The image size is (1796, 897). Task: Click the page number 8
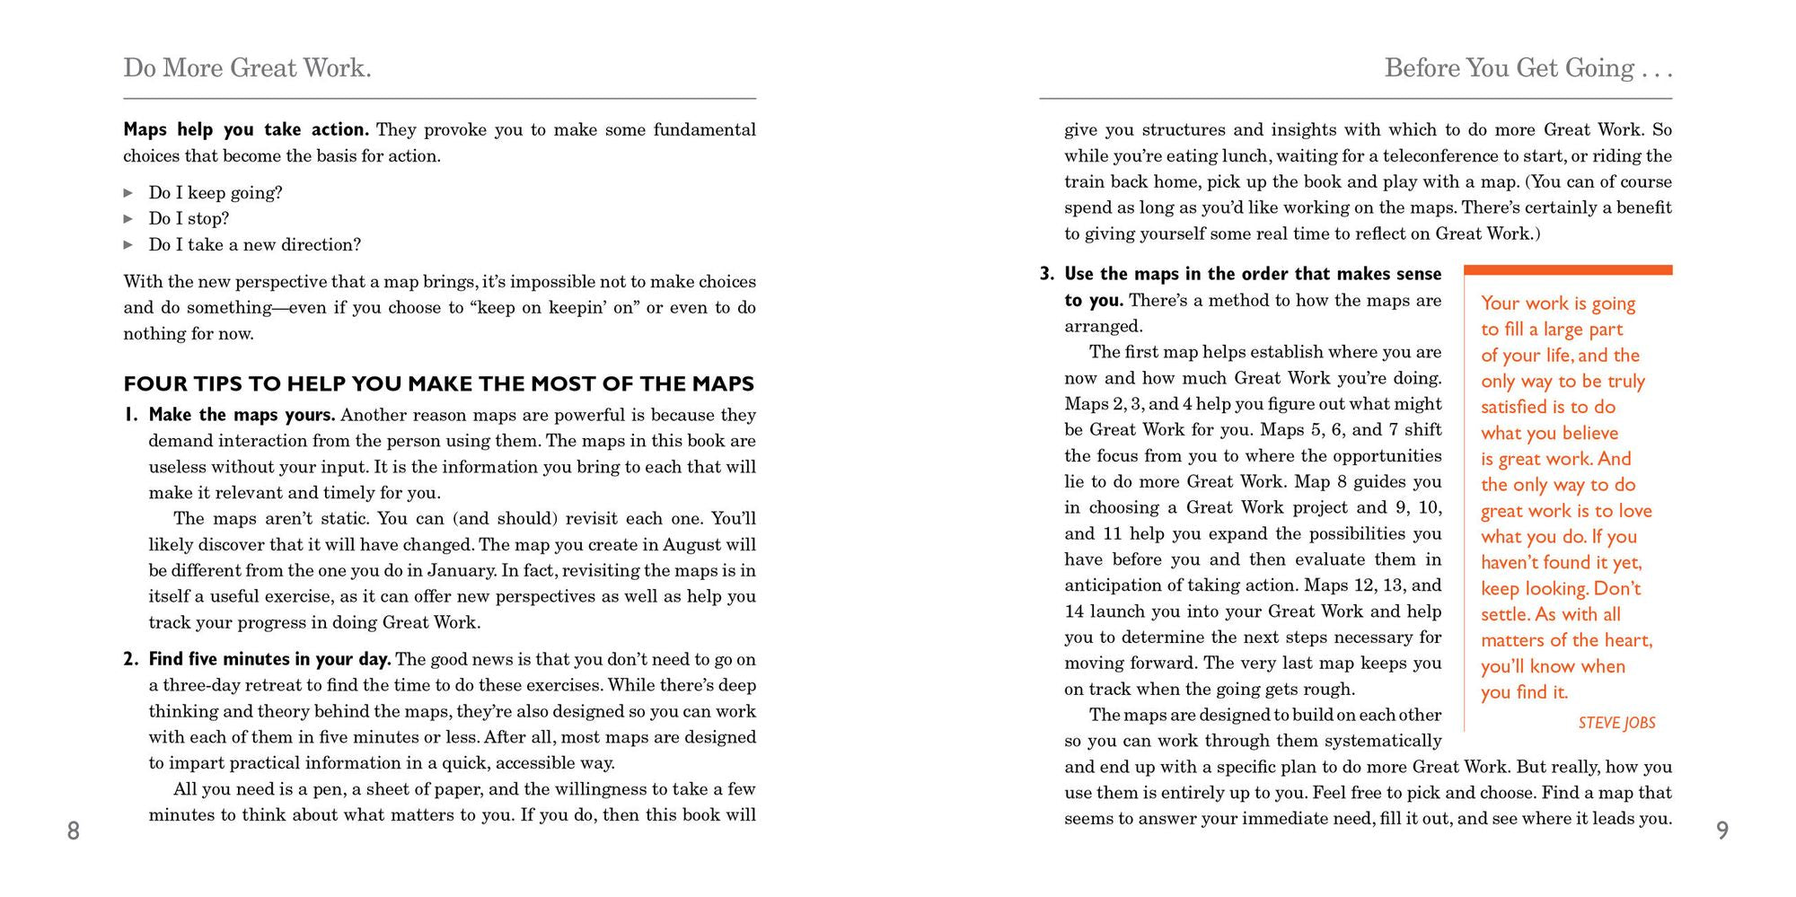coord(74,831)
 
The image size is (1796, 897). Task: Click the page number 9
coord(1721,831)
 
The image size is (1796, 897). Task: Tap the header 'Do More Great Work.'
coord(247,68)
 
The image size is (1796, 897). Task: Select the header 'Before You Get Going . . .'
coord(1527,68)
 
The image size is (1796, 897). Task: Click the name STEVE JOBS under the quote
coord(1616,723)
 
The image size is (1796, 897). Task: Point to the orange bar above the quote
coord(1568,269)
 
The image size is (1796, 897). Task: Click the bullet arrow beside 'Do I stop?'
coord(128,218)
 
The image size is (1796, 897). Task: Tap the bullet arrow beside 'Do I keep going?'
coord(128,192)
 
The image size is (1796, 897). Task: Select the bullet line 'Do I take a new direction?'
coord(254,244)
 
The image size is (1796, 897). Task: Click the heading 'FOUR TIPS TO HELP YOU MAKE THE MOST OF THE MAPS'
coord(438,384)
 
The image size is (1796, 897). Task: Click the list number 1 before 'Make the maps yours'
coord(130,415)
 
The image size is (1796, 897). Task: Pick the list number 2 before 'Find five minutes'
coord(130,659)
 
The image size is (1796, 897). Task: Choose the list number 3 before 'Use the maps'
coord(1046,274)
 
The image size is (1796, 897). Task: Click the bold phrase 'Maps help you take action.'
coord(245,129)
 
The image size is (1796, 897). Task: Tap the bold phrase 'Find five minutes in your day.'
coord(269,659)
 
